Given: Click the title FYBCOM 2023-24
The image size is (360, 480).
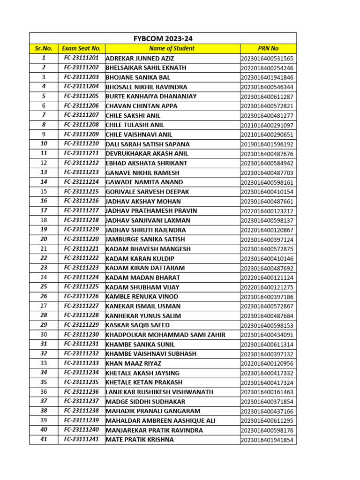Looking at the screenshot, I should (x=163, y=38).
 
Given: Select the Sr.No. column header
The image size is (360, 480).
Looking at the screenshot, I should (x=44, y=48).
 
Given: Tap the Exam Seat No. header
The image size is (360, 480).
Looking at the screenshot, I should (x=82, y=48).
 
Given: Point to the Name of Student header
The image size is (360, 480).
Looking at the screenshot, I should (x=172, y=48).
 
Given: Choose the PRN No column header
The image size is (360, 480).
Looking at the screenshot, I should (x=268, y=48).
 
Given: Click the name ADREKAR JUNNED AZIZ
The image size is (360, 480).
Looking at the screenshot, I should (x=140, y=58).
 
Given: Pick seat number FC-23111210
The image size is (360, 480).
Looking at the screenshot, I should (x=82, y=144).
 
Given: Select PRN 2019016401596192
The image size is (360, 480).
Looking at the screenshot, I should (x=267, y=144).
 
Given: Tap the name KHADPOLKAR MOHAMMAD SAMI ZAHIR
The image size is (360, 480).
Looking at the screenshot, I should (x=165, y=335).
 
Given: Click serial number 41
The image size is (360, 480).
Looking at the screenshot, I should (x=44, y=440).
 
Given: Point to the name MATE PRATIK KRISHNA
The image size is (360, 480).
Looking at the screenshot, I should (x=140, y=440).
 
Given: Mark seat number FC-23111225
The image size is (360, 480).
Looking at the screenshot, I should (x=82, y=287).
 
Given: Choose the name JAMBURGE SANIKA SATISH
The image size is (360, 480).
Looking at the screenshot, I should (x=146, y=239).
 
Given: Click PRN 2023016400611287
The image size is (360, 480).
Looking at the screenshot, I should (x=267, y=97).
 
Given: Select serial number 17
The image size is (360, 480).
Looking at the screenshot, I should (x=44, y=210).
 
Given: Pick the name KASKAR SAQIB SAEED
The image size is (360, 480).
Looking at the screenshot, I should (x=138, y=325).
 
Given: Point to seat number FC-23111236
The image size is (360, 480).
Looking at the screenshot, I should (x=82, y=392).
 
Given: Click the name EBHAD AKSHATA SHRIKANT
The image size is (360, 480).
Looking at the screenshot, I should (x=146, y=163).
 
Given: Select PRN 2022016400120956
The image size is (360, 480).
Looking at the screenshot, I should (x=267, y=364).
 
